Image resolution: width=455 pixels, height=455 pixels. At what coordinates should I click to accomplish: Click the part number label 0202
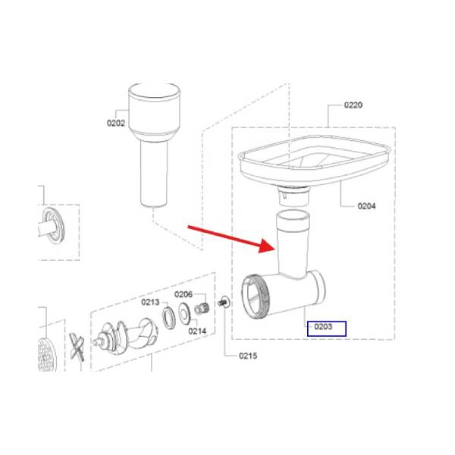116,123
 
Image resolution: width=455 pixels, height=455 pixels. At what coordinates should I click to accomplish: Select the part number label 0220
353,105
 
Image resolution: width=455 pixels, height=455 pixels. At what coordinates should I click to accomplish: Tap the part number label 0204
366,206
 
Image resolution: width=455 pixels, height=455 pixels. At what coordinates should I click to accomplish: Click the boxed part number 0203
323,327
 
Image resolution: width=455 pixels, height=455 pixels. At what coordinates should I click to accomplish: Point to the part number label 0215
248,356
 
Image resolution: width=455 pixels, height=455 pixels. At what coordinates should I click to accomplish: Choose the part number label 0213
150,302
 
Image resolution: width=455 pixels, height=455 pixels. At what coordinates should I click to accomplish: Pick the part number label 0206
184,294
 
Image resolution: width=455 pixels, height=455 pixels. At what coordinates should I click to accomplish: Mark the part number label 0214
197,331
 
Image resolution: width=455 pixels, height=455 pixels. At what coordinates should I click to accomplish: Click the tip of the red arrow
275,249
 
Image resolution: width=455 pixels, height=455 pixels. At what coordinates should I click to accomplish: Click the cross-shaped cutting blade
77,347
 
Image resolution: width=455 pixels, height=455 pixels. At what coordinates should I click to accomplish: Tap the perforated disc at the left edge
47,355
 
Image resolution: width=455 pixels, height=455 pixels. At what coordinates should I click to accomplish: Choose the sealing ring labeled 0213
168,318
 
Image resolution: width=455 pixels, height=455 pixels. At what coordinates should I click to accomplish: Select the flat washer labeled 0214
184,313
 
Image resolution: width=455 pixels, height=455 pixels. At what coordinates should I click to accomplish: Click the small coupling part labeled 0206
202,308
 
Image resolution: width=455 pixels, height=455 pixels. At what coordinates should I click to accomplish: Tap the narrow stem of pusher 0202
154,174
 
